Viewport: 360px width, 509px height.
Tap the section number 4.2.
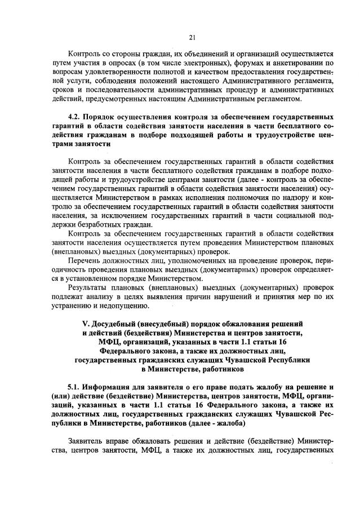click(x=74, y=117)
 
